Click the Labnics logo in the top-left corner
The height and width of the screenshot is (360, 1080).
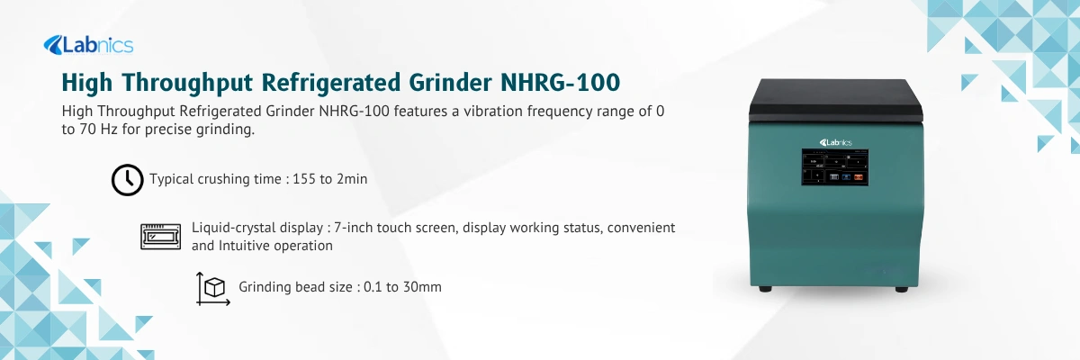point(87,44)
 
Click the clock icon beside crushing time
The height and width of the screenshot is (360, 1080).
point(127,179)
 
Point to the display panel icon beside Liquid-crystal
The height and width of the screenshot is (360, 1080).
point(162,236)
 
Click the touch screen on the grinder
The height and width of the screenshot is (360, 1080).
point(836,167)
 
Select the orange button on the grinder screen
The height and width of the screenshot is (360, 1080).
point(858,177)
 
